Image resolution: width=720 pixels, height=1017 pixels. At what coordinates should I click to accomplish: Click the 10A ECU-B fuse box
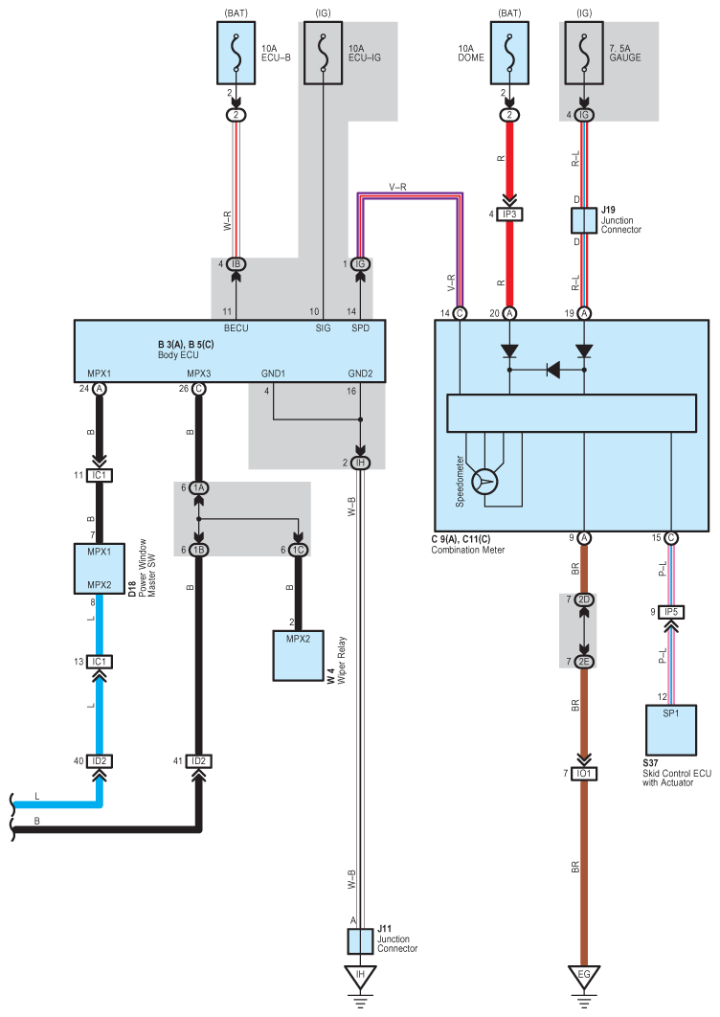[236, 54]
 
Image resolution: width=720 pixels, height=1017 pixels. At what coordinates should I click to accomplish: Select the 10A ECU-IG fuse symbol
[323, 54]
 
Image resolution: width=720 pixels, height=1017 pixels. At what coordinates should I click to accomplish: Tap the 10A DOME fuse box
[509, 54]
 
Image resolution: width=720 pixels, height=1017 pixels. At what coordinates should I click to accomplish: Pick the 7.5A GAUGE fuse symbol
[584, 54]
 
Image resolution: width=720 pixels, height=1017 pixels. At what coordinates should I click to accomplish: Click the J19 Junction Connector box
[584, 220]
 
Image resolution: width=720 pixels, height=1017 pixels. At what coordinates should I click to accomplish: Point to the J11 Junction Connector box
[360, 941]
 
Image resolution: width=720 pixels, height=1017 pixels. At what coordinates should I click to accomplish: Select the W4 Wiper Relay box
[299, 656]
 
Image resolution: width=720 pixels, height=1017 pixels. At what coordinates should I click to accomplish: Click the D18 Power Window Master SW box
[100, 569]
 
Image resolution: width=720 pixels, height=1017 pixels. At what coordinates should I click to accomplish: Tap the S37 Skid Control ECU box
[671, 731]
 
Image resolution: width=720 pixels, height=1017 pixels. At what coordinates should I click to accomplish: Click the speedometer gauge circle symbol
[484, 482]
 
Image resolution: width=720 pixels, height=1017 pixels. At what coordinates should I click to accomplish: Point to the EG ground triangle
[584, 977]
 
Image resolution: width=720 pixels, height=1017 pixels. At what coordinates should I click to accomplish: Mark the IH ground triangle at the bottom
[360, 977]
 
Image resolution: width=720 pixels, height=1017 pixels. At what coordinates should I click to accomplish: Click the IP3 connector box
[509, 215]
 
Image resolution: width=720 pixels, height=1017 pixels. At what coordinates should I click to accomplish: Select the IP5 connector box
[671, 612]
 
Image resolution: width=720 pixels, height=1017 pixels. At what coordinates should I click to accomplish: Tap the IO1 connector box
[584, 774]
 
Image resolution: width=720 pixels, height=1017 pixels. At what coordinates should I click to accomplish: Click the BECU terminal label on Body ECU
[236, 328]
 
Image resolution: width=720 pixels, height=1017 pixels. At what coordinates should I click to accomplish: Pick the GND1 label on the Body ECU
[273, 373]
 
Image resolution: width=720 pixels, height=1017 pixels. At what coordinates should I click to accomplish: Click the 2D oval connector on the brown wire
[584, 599]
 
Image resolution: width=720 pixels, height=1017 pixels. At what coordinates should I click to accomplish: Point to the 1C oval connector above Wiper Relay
[299, 550]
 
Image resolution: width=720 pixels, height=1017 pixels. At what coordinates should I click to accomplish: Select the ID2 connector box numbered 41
[198, 760]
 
